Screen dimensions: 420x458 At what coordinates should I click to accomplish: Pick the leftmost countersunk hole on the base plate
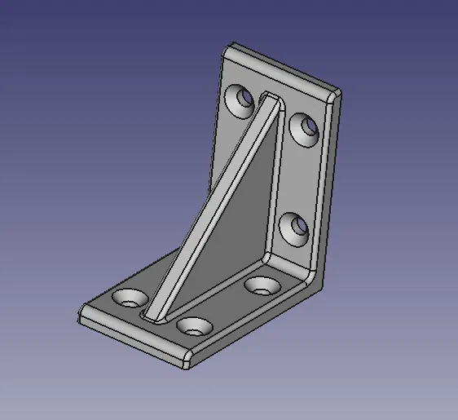point(129,298)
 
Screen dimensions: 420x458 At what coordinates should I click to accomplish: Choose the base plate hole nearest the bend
point(262,285)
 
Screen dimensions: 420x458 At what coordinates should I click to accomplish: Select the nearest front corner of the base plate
point(185,360)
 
